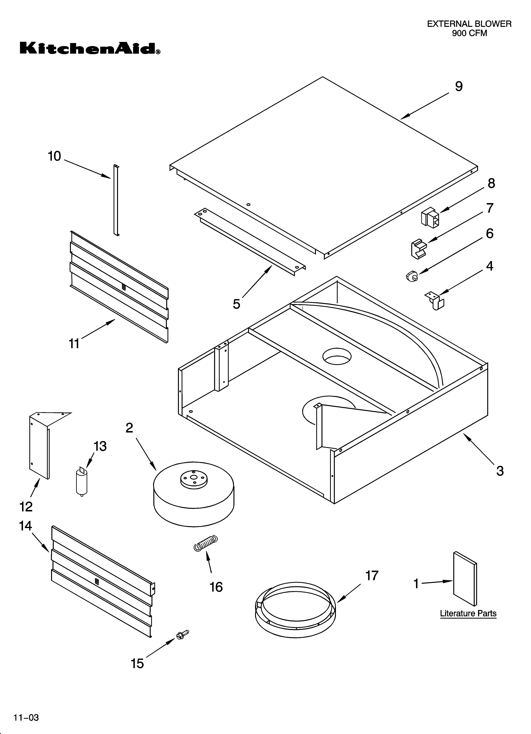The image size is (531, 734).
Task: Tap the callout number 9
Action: [459, 86]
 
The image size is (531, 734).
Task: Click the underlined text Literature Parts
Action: [468, 613]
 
